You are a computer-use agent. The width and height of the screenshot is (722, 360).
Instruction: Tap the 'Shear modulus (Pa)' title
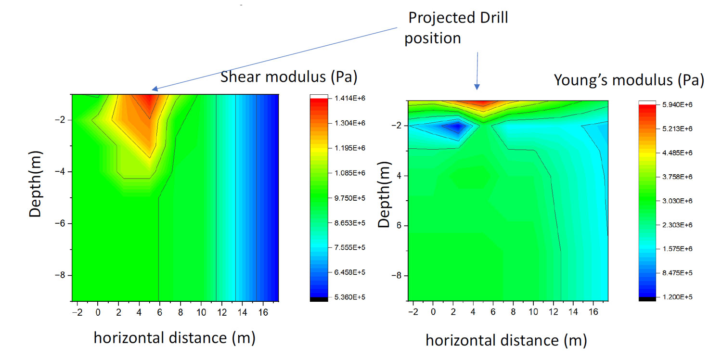point(288,77)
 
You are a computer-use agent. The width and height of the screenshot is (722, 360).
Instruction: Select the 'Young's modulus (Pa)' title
point(629,80)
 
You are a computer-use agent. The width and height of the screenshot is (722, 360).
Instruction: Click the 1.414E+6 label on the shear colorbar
point(349,98)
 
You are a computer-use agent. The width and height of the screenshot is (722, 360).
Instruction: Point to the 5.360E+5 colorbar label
point(349,297)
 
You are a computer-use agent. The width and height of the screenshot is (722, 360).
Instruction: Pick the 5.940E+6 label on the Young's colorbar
point(678,104)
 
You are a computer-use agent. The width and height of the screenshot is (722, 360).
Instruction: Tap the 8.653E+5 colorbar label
point(349,223)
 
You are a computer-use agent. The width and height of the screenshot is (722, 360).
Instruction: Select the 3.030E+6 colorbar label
point(678,201)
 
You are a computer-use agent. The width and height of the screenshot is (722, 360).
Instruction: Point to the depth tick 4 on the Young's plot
point(400,176)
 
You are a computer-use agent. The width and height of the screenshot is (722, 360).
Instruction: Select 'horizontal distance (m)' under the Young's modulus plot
point(506,341)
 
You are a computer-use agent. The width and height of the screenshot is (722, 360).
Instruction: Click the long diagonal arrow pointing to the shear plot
point(274,58)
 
